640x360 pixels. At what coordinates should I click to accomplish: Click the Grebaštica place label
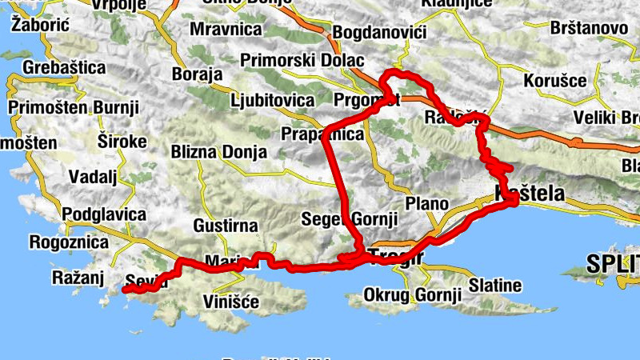[x=63, y=68]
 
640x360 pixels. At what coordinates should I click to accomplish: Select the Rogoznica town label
[x=68, y=241]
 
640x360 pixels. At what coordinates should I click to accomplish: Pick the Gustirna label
[x=226, y=226]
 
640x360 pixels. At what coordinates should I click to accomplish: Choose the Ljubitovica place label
[x=272, y=102]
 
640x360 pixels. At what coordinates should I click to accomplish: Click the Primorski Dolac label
[x=302, y=60]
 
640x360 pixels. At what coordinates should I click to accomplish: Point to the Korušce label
[x=555, y=81]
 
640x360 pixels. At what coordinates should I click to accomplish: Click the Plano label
[x=426, y=203]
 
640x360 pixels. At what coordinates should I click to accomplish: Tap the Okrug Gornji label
[x=413, y=295]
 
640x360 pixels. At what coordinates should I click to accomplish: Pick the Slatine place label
[x=494, y=286]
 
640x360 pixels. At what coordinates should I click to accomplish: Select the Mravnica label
[x=226, y=30]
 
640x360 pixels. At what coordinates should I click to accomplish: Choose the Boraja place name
[x=197, y=74]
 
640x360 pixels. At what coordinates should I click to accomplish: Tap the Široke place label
[x=122, y=141]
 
